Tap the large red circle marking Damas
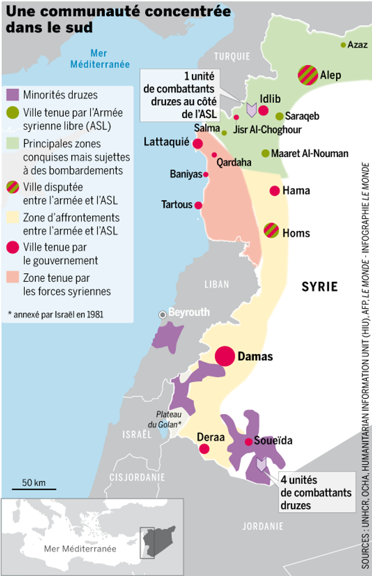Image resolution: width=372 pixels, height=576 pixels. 225,356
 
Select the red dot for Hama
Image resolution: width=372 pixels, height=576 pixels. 275,191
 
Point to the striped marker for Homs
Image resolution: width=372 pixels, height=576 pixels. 271,230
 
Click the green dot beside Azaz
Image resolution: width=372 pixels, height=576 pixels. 343,45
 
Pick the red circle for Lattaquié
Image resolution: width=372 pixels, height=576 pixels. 198,144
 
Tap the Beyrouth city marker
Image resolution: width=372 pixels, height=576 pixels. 162,314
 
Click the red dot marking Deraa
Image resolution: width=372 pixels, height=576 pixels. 204,448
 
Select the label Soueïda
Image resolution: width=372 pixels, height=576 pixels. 273,441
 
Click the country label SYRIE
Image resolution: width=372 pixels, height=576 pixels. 320,287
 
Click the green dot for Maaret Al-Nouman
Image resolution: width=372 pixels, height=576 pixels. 266,153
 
